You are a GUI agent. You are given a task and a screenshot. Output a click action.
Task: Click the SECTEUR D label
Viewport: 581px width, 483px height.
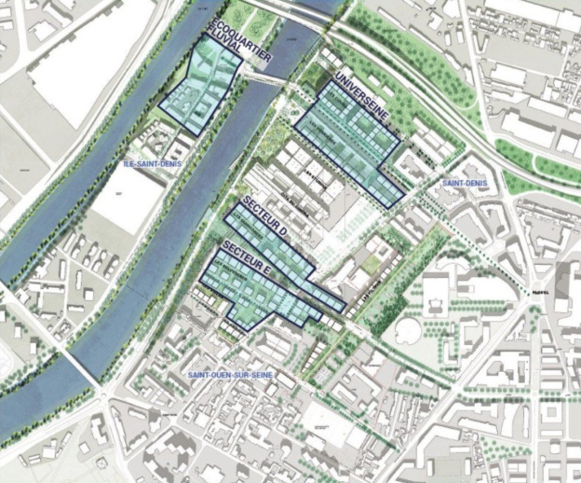[268, 217]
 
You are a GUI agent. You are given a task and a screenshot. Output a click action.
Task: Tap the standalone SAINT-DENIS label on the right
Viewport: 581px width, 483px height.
[466, 183]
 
